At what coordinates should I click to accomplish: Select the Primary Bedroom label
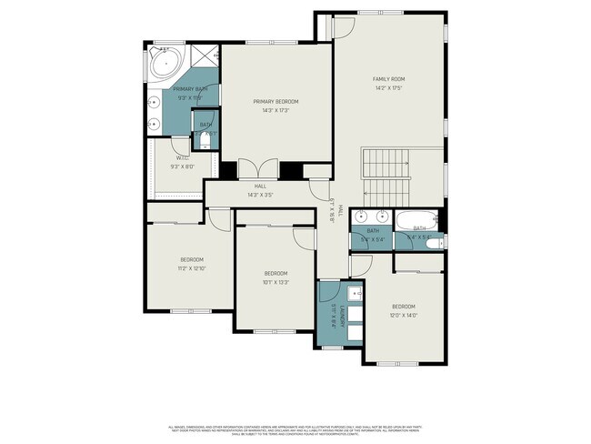(x=275, y=102)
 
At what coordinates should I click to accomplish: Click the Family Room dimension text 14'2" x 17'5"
(x=388, y=88)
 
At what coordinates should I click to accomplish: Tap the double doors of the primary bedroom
(x=260, y=170)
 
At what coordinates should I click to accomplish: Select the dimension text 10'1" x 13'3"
(x=275, y=282)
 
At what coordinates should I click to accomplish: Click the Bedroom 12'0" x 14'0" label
(x=403, y=310)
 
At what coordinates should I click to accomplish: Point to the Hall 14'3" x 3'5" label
(x=260, y=190)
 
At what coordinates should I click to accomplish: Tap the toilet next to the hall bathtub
(x=436, y=242)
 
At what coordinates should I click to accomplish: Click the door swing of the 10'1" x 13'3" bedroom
(x=303, y=234)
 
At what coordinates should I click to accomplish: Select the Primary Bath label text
(x=190, y=89)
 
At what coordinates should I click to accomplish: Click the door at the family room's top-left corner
(x=343, y=26)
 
